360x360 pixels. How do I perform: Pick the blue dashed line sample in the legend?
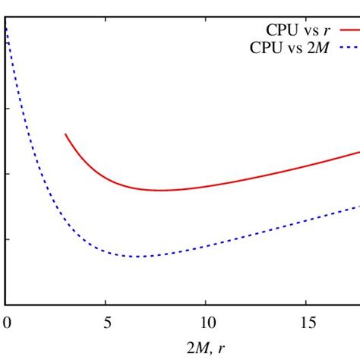coord(344,47)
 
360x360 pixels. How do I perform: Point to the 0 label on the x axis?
coord(6,321)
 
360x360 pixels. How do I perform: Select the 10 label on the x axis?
coord(206,321)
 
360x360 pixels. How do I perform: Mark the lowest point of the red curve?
coord(161,190)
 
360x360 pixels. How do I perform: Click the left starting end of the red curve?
coord(65,134)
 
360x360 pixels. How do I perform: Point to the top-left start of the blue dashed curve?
coord(7,29)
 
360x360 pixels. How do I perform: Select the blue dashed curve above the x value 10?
coord(206,245)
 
